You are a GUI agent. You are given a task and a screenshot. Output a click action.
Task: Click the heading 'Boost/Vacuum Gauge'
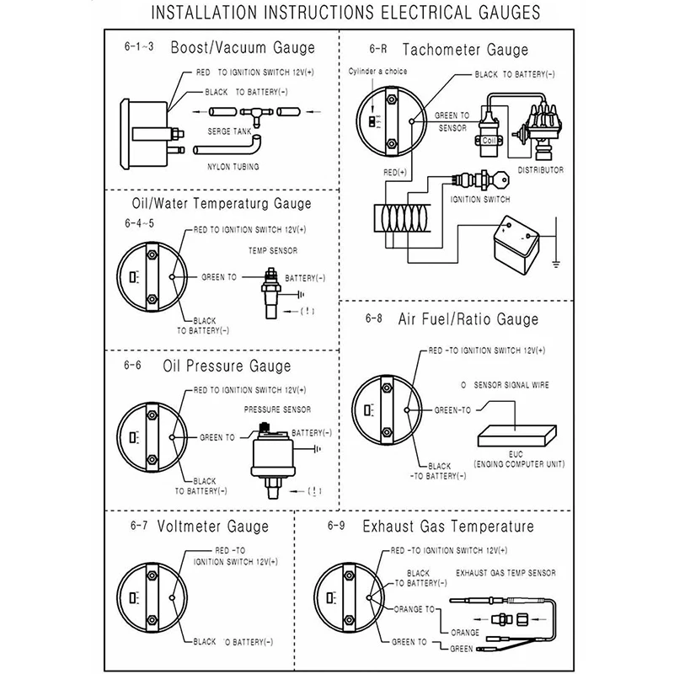point(243,48)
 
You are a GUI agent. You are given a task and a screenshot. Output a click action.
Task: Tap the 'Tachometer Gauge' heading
point(465,51)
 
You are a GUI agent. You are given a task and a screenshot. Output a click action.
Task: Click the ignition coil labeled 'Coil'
point(489,139)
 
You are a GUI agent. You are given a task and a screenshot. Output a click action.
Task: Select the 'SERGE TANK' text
point(229,131)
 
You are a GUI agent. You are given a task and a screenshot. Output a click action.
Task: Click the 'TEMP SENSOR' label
point(273,250)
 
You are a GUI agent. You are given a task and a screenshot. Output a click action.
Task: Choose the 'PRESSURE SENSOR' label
point(277,409)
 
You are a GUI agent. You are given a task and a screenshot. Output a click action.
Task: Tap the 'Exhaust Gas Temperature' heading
point(448,527)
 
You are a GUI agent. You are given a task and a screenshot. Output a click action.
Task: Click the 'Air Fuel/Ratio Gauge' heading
point(468,319)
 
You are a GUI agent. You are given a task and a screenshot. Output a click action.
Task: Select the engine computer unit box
point(515,433)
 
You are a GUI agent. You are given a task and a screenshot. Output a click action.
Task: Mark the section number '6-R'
point(376,51)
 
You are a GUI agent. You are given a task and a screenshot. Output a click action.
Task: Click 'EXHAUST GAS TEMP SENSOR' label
point(505,573)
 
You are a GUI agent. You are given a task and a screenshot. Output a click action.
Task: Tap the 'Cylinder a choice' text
point(378,72)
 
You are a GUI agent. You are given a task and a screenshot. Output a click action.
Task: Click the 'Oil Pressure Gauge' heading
point(227,366)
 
